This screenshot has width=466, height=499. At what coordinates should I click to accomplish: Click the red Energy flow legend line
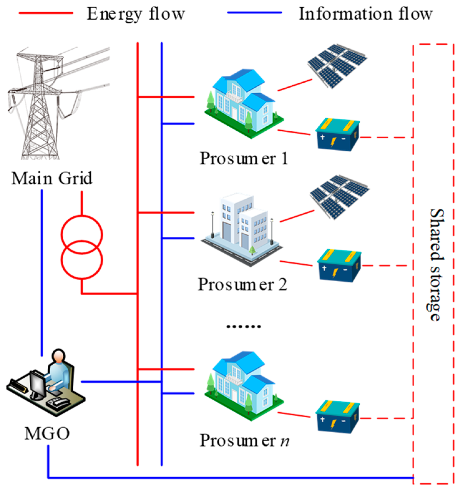46,13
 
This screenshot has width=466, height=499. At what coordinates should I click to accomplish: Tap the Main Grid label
52,178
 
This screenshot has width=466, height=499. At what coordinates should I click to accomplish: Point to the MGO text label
47,434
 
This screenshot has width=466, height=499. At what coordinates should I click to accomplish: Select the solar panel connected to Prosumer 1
337,65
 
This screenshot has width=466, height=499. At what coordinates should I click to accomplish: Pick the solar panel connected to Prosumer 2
339,196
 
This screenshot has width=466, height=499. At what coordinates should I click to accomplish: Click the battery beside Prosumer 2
339,266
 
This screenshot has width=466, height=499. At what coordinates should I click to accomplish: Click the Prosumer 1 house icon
243,103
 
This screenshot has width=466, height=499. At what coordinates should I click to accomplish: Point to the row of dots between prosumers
244,327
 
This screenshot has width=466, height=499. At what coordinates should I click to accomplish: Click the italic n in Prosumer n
284,441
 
